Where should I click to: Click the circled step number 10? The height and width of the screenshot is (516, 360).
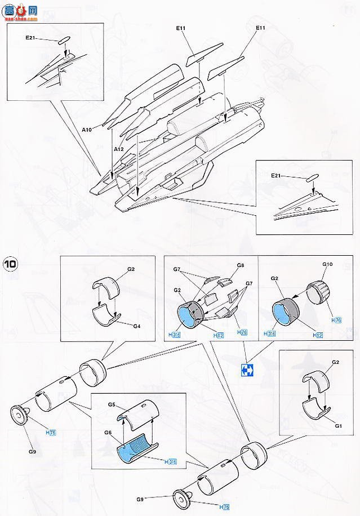coord(10,264)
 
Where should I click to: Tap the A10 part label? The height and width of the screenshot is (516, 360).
coord(86,129)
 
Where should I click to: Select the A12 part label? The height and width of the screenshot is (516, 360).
coord(118,149)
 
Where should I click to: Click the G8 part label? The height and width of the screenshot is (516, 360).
coord(240,265)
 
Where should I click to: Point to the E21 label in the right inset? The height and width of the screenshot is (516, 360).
coord(275,176)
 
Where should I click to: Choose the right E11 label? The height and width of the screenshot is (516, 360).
coord(260,28)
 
